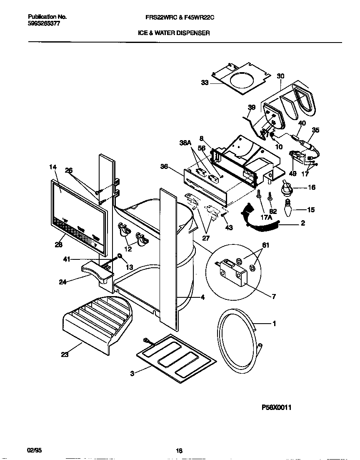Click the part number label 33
click(205, 83)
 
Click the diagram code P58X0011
click(276, 408)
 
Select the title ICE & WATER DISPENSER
click(174, 32)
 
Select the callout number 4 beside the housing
click(202, 297)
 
